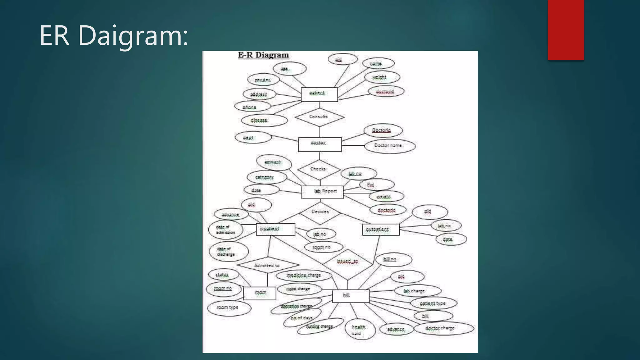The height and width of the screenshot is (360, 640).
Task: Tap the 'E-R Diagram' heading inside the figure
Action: click(263, 55)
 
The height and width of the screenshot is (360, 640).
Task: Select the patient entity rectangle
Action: click(319, 94)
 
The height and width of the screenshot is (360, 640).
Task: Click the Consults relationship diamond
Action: click(319, 117)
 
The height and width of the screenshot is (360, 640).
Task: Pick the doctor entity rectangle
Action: click(319, 144)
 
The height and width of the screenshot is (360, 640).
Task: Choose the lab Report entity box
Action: click(322, 192)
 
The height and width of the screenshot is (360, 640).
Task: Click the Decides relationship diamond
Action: click(320, 212)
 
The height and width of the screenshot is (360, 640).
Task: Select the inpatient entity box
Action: click(275, 229)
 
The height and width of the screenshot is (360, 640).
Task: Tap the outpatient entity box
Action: click(380, 230)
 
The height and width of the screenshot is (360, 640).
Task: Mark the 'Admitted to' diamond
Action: click(267, 265)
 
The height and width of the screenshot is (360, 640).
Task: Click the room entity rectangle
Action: click(259, 293)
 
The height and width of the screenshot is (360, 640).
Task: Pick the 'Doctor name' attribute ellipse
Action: click(389, 146)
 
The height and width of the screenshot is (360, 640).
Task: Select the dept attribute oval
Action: click(253, 137)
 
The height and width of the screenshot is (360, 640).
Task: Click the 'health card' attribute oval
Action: click(360, 330)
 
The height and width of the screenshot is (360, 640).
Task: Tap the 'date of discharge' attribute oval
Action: click(228, 252)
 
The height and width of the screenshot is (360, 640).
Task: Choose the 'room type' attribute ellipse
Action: click(229, 308)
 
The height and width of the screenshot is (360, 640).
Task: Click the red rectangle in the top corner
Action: click(566, 30)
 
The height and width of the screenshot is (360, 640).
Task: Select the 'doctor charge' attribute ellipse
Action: click(443, 328)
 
